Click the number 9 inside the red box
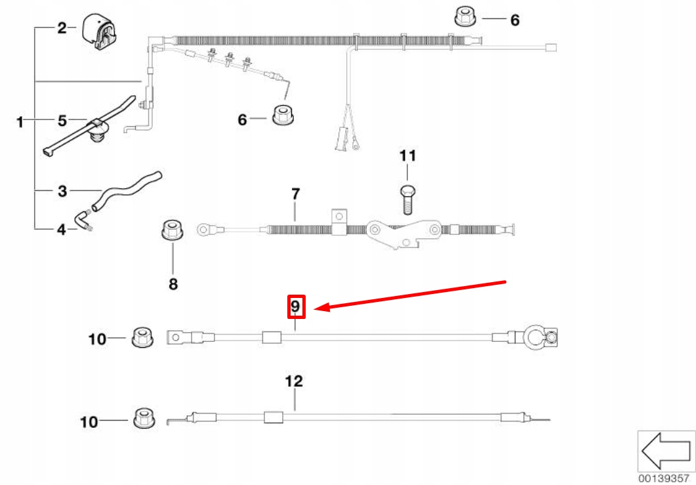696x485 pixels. click(x=295, y=306)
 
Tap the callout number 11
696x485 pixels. click(x=407, y=156)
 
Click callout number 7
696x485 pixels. click(x=295, y=194)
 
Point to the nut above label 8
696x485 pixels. click(x=172, y=232)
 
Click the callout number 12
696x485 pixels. click(x=295, y=381)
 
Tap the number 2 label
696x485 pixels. click(x=62, y=28)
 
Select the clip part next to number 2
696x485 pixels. click(x=98, y=32)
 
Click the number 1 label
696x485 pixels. click(x=20, y=121)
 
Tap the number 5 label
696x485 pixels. click(x=62, y=121)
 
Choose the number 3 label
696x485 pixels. click(x=62, y=192)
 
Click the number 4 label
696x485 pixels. click(x=62, y=230)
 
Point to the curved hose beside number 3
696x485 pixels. click(x=128, y=190)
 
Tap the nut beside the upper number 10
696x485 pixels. click(x=140, y=337)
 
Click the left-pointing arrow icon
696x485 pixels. click(x=665, y=451)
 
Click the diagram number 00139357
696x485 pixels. click(x=666, y=478)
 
